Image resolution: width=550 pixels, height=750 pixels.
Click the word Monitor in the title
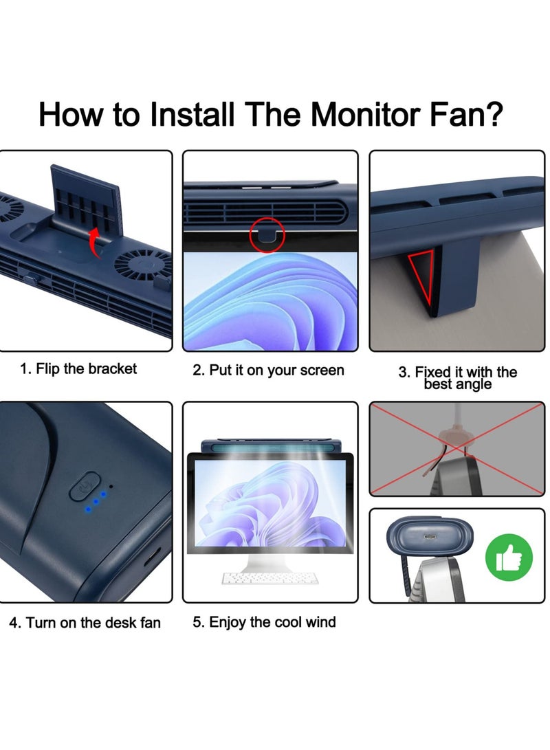tap(371, 114)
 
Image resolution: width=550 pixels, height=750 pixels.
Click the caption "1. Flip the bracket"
tap(78, 369)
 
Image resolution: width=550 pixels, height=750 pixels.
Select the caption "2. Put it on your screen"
tap(268, 371)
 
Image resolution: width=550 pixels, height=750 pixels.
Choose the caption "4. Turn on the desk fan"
tap(85, 624)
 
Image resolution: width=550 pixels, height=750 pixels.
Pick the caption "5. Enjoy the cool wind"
tap(264, 623)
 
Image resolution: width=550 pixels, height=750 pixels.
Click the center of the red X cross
tap(456, 449)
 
